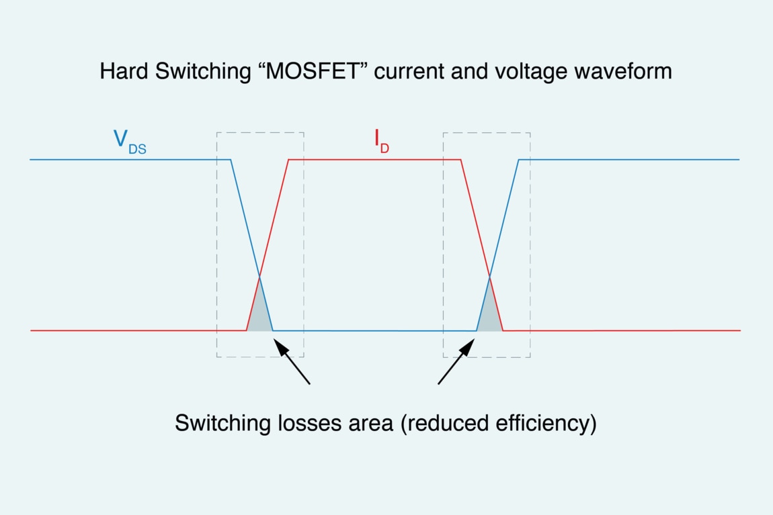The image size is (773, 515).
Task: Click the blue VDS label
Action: [x=129, y=142]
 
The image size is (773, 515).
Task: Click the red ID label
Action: [x=381, y=140]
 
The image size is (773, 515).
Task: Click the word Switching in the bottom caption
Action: [x=219, y=423]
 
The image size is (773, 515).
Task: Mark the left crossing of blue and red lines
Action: [x=259, y=277]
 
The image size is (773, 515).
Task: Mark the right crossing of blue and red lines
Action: [x=489, y=277]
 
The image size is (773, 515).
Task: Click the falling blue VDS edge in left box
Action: [x=245, y=218]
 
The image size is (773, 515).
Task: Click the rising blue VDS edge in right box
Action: [x=504, y=218]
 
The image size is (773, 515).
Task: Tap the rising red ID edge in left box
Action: [x=274, y=218]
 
